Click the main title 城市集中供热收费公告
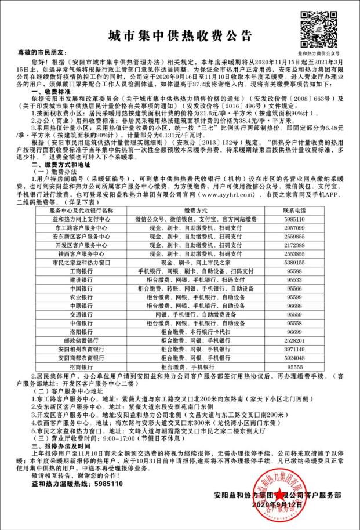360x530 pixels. click(x=180, y=37)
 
